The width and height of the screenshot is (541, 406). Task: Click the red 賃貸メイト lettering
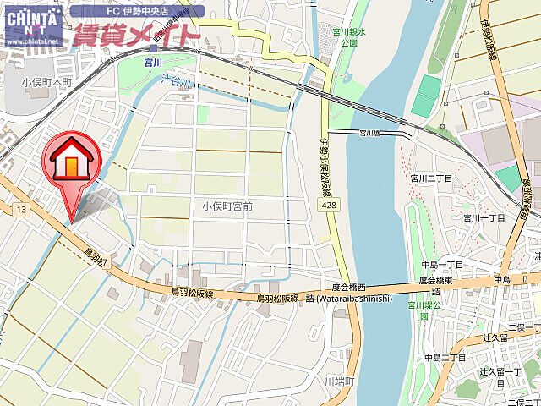pyautogui.click(x=135, y=35)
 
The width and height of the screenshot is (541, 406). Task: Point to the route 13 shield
pyautogui.click(x=21, y=209)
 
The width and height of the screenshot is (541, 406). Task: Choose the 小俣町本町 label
pyautogui.click(x=48, y=83)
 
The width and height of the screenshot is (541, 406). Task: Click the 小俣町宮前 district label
pyautogui.click(x=227, y=206)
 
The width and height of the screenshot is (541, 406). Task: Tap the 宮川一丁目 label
pyautogui.click(x=484, y=217)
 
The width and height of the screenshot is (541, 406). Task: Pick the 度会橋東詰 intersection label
pyautogui.click(x=440, y=285)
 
